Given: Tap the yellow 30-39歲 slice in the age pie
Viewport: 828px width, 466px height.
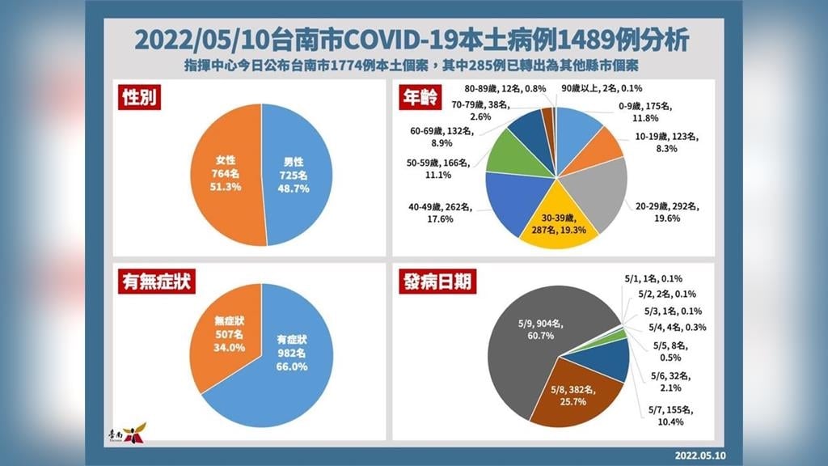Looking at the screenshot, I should (x=557, y=218).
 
